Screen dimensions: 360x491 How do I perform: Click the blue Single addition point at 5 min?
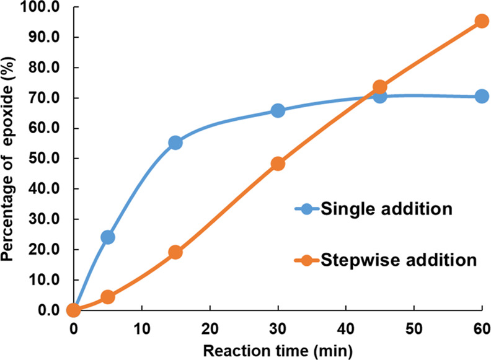(107, 237)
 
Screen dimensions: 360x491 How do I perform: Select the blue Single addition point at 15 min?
(175, 143)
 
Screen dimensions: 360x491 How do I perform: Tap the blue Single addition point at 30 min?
(278, 110)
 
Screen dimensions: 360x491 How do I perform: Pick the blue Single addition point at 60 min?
(482, 96)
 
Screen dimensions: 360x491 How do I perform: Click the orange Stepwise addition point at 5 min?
(107, 297)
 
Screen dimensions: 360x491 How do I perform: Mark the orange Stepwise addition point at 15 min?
(175, 252)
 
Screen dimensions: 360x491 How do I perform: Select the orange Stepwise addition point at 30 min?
(278, 164)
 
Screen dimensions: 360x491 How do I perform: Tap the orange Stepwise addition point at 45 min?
(379, 87)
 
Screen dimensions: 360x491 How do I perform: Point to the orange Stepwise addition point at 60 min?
(482, 21)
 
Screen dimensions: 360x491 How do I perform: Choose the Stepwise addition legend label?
(399, 259)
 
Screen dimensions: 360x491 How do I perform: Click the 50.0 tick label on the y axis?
(45, 159)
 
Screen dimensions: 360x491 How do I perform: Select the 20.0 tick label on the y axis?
(45, 250)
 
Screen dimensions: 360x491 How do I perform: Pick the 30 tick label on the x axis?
(278, 327)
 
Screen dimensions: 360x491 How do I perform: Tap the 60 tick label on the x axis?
(481, 327)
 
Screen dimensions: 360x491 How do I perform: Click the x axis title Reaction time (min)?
(277, 350)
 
